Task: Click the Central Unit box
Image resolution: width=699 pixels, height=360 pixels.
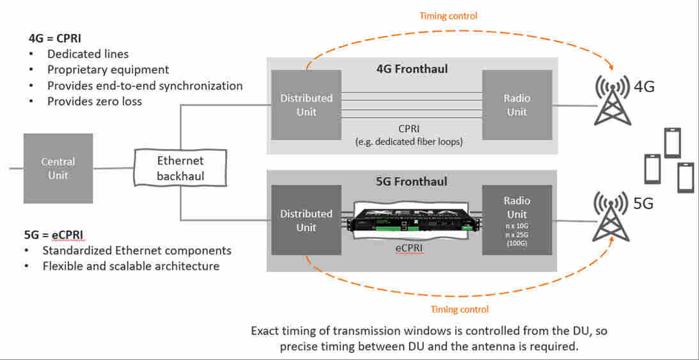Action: tap(58, 168)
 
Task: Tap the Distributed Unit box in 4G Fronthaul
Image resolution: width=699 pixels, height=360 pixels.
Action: tap(306, 105)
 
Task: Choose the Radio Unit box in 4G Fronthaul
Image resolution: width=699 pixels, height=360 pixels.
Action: tap(517, 105)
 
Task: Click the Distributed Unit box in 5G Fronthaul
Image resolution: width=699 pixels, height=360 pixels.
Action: tap(306, 221)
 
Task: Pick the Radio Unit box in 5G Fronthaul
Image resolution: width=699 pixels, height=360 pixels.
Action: tap(517, 221)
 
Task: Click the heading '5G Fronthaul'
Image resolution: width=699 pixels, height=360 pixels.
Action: tap(412, 182)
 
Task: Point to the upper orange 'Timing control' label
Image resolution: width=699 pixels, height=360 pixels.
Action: tap(448, 15)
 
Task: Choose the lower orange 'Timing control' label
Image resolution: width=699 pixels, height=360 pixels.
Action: tap(459, 309)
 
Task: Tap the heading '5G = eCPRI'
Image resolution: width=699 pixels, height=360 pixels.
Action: tap(54, 235)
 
